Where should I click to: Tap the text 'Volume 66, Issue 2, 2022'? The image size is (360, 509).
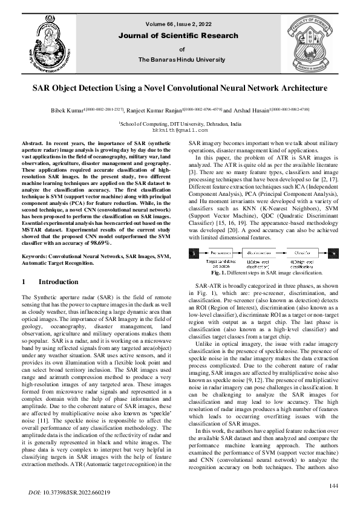click(x=180, y=24)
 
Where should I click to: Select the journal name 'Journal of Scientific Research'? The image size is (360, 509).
click(x=182, y=36)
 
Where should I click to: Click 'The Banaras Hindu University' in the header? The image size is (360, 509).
click(x=182, y=60)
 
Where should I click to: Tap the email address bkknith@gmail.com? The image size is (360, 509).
click(x=180, y=129)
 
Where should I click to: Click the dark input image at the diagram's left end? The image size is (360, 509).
click(x=197, y=251)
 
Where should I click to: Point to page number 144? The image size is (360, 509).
click(x=333, y=487)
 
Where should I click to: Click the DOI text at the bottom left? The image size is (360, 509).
click(x=70, y=493)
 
